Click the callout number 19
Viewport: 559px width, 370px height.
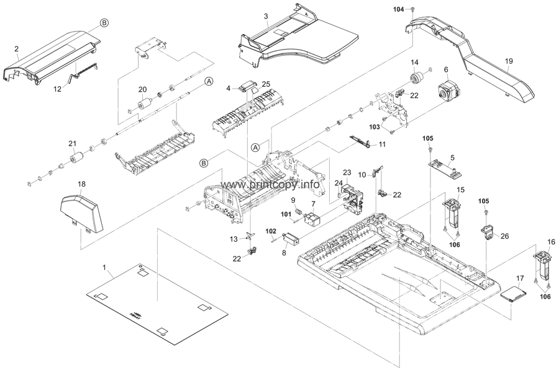(x=509, y=62)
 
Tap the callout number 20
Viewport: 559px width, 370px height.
(x=142, y=89)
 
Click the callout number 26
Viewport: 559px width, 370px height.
(x=504, y=236)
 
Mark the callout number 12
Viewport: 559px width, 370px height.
(x=57, y=89)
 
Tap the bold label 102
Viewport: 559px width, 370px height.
(x=271, y=232)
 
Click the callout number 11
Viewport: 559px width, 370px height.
(x=382, y=144)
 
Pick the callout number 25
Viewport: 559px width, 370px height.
(x=266, y=84)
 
